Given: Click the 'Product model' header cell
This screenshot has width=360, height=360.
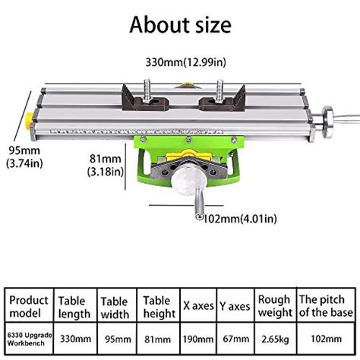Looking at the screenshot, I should [x=29, y=306].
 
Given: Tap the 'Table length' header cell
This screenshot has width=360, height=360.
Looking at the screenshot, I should [x=74, y=306].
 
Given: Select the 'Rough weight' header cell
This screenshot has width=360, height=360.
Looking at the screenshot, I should [x=275, y=306].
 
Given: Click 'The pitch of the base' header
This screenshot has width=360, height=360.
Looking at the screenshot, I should [x=325, y=306].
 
